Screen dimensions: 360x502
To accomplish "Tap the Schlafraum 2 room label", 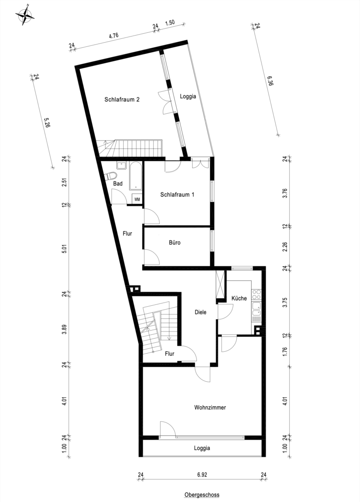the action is (x=122, y=100).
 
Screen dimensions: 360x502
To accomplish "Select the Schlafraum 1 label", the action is (x=177, y=194).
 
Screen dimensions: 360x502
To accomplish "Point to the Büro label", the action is (x=175, y=243).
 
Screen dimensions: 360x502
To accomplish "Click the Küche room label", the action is (x=239, y=298).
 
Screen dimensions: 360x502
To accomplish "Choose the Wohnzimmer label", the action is (x=210, y=407).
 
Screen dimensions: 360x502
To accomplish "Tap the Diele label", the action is (x=201, y=312).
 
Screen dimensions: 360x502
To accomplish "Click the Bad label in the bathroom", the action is (x=118, y=184).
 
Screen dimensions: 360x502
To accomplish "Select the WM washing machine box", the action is (x=137, y=199).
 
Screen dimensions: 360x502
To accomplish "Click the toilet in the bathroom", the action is (x=111, y=176).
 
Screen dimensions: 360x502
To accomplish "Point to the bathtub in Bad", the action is (x=135, y=176).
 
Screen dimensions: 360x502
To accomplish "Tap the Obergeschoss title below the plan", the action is (x=202, y=495).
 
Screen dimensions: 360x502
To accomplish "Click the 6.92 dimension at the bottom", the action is (x=202, y=474).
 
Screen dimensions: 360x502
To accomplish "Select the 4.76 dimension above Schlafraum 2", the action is (x=114, y=36).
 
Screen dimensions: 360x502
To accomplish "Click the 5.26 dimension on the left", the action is (x=47, y=123).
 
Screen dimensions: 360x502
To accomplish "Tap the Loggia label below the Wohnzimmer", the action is (x=202, y=448).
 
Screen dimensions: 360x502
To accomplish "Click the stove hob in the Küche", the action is (x=256, y=294).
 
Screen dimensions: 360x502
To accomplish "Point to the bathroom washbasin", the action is (x=121, y=165).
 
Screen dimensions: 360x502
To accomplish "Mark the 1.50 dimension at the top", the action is (x=170, y=22).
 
